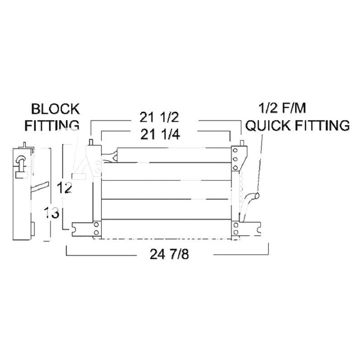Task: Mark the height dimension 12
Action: pos(66,187)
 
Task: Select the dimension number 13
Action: pos(52,213)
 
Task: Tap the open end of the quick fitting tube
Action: pos(257,195)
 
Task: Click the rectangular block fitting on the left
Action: pos(80,176)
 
